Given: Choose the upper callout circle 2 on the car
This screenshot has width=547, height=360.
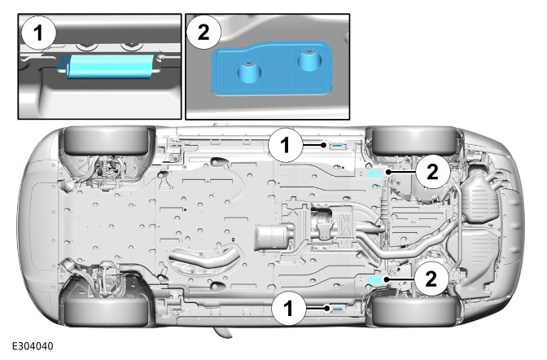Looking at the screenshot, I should coord(432,172).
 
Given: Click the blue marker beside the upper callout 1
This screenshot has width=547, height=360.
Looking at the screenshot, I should coord(336,146).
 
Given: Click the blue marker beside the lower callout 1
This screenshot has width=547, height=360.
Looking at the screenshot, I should coord(336,308).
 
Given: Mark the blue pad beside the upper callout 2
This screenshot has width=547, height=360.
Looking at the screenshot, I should coord(375,173).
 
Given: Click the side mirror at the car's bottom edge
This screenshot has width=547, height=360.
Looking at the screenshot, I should coord(221,331).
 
